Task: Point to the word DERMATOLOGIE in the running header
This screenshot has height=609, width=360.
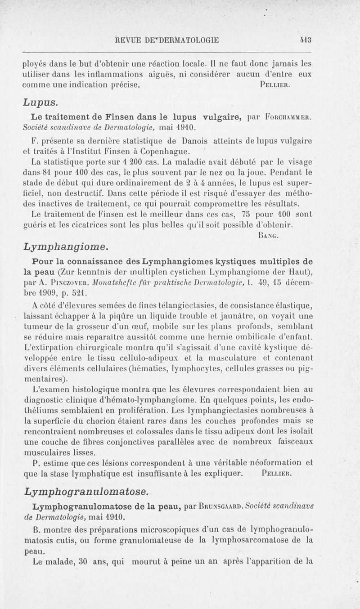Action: point(189,40)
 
